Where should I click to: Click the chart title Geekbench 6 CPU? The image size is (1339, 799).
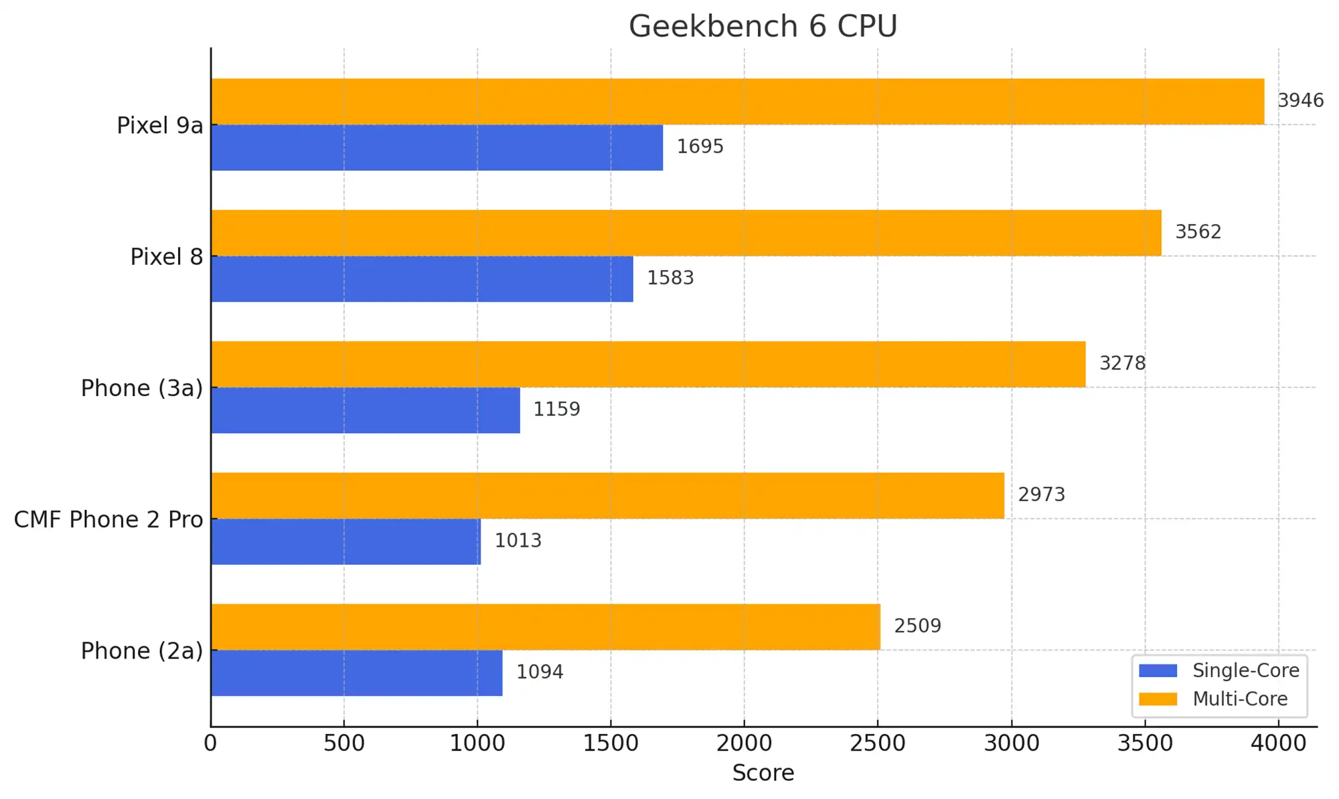(763, 27)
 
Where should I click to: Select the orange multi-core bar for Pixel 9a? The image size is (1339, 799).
(736, 101)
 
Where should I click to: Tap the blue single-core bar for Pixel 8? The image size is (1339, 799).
(422, 278)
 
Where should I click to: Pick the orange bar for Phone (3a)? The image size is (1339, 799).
(648, 364)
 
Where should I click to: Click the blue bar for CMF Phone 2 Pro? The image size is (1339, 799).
(345, 541)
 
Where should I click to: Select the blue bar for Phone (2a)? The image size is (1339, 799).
(356, 673)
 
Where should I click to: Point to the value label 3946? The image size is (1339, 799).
(1300, 100)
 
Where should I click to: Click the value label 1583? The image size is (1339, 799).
(670, 278)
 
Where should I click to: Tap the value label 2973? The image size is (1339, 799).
(1041, 495)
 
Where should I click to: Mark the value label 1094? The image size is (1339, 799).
(540, 672)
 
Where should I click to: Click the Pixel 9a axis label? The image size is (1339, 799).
(159, 126)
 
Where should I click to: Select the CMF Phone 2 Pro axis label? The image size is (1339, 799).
(108, 520)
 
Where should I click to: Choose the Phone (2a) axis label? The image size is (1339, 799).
(141, 651)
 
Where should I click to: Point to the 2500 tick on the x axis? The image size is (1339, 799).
(877, 743)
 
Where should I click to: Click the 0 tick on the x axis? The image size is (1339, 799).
(210, 743)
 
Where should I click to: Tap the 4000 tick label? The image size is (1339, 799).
(1277, 743)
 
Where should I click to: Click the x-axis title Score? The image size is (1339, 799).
(763, 773)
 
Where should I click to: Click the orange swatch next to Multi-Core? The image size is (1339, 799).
(1158, 699)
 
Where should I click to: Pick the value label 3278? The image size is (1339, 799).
(1122, 363)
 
